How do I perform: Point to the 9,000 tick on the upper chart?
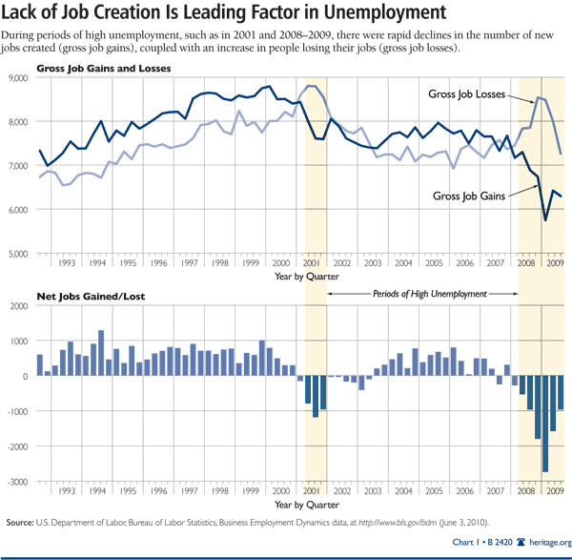point(19,77)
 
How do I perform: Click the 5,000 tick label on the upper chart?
point(19,253)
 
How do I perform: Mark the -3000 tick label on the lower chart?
point(18,482)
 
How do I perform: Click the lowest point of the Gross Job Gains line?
point(545,220)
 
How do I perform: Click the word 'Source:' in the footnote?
point(21,522)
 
